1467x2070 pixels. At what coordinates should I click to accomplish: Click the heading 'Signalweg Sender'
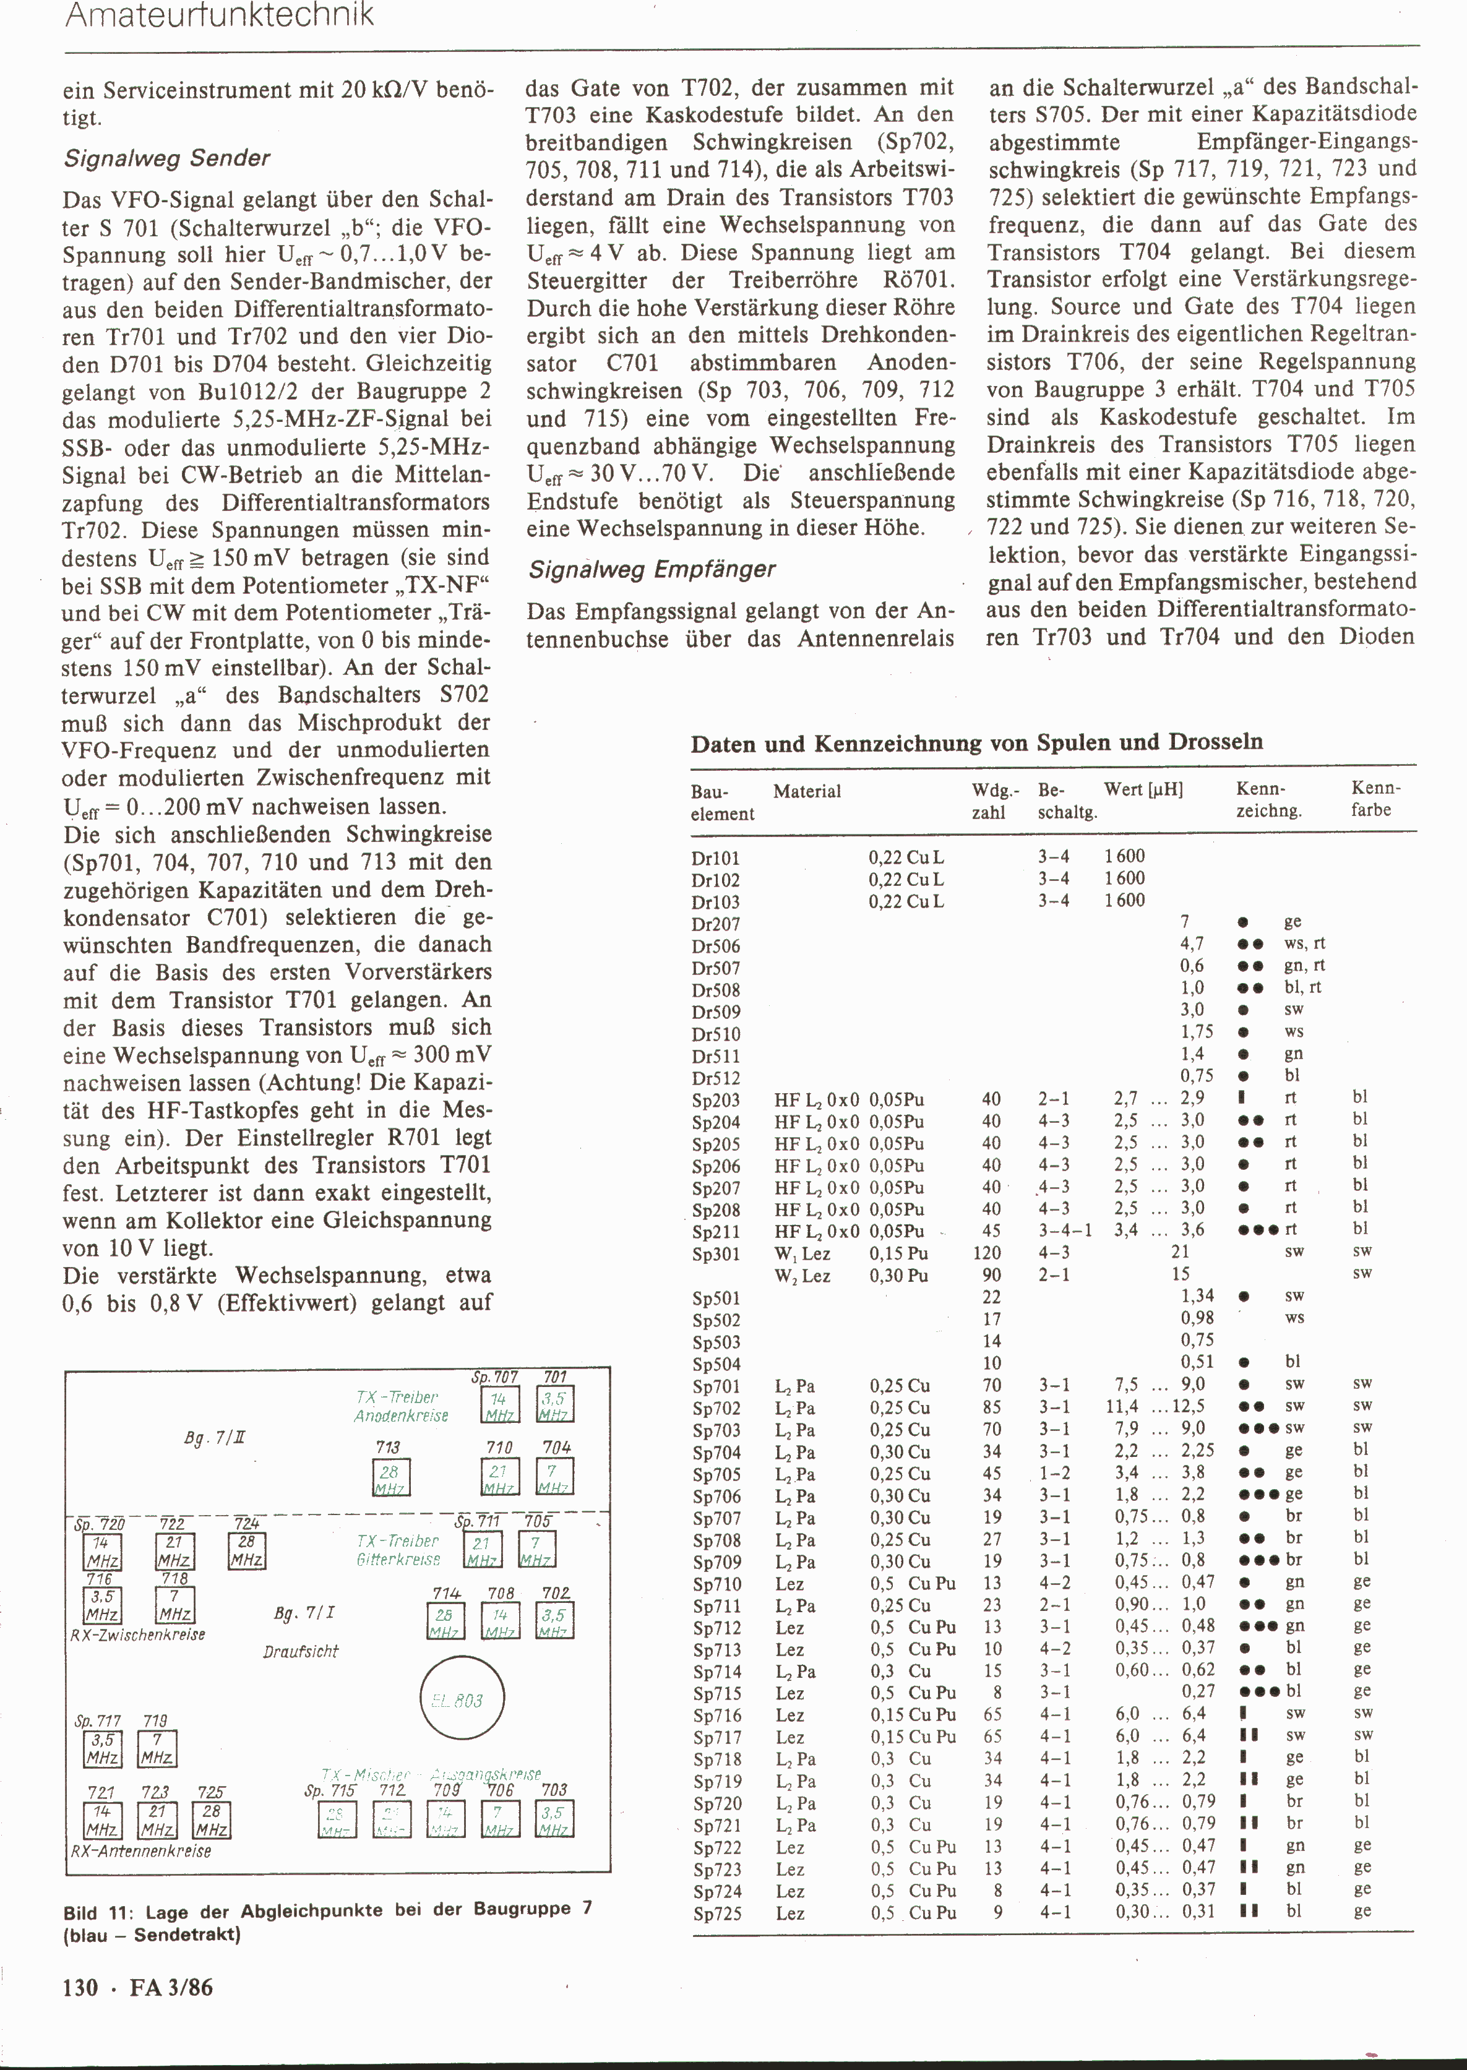coord(167,158)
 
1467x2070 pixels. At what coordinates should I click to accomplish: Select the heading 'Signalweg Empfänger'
coord(652,569)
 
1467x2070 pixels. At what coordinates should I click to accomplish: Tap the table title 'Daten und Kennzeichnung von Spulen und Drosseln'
coord(976,742)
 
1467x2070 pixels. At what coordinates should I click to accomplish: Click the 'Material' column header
coord(807,791)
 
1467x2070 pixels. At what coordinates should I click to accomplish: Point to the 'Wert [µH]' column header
coord(1143,789)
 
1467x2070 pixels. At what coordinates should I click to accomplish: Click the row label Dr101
coord(715,857)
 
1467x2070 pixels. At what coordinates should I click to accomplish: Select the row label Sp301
coord(715,1253)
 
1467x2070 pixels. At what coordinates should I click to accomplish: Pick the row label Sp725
coord(716,1913)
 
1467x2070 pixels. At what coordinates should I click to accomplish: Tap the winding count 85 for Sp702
coord(991,1407)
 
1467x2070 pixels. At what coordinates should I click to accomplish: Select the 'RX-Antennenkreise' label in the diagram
coord(141,1850)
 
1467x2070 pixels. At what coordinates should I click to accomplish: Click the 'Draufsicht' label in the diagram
coord(300,1652)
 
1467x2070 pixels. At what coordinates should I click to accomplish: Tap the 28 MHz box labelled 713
coord(391,1477)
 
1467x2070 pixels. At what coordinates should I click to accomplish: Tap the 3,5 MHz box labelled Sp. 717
coord(102,1750)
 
